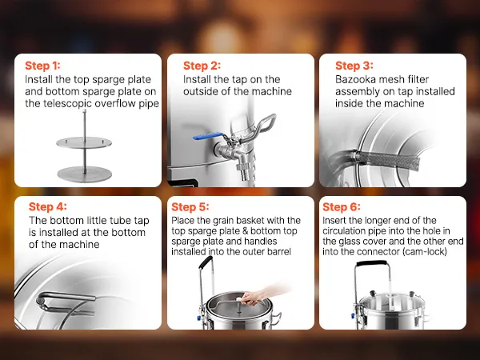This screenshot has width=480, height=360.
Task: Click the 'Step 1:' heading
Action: (42, 66)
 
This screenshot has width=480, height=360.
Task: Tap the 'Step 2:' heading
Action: (202, 66)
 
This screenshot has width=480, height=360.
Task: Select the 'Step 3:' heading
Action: (354, 66)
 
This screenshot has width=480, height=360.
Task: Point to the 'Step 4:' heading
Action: (47, 206)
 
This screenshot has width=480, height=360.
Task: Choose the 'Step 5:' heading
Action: (190, 206)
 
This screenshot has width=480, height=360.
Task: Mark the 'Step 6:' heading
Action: (342, 206)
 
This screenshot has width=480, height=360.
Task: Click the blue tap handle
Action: (208, 136)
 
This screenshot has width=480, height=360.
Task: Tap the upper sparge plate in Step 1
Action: (84, 142)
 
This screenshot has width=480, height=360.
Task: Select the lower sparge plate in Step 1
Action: (85, 174)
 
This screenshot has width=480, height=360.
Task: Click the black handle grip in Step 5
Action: (206, 262)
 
